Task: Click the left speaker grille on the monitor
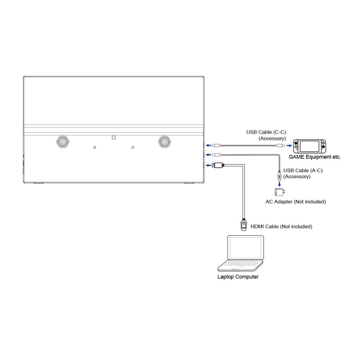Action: tap(63, 142)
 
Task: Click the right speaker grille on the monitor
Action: tap(165, 142)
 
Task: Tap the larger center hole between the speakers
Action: tap(114, 137)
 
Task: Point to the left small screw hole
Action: tap(94, 147)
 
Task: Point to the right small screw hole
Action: tap(133, 147)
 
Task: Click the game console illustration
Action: tap(310, 146)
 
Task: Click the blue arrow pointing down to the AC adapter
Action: tap(280, 183)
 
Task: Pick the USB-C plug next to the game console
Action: tap(280, 146)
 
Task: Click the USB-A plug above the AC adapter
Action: tap(280, 173)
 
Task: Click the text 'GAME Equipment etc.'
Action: tap(315, 157)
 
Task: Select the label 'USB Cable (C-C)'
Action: tap(266, 132)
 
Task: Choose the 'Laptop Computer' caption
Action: tap(238, 277)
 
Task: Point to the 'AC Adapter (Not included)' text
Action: tap(295, 202)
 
